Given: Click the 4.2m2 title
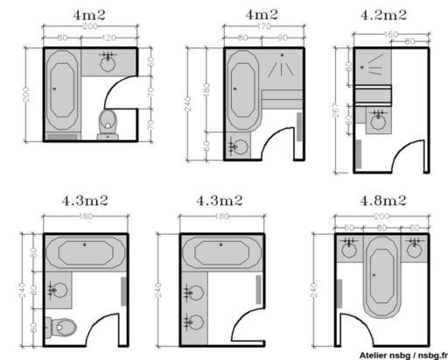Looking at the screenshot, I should point(383,15).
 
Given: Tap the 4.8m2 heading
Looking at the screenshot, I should point(382,200).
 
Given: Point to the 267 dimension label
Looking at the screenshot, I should point(336,106).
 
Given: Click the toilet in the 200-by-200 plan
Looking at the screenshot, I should point(108,122).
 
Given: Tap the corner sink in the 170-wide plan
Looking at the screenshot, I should point(236,145).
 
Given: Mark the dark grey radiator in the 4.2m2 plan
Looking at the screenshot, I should point(358,153).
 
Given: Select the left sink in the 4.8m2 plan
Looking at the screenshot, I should point(350,247).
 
